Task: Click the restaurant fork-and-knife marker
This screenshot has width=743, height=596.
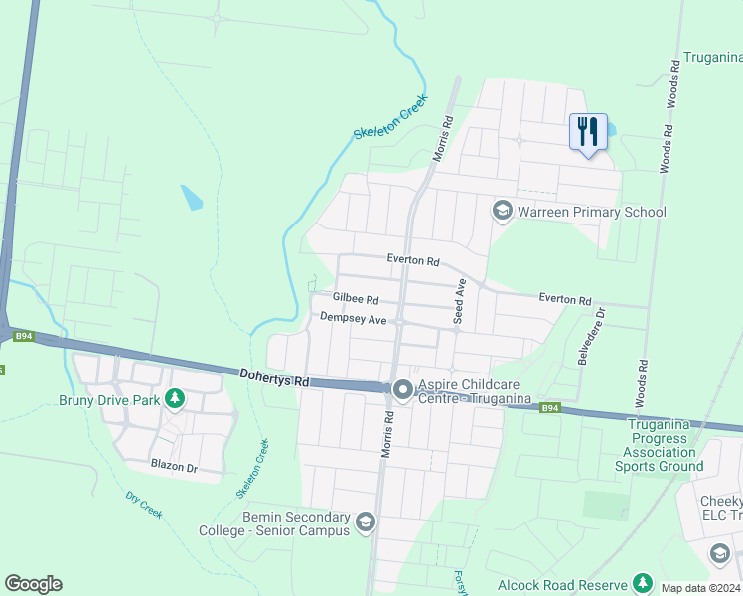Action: click(x=587, y=131)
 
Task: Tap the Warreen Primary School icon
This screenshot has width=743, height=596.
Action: click(x=502, y=211)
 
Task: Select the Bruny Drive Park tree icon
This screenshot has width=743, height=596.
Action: click(x=176, y=399)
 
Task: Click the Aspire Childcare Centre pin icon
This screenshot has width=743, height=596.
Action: click(x=402, y=389)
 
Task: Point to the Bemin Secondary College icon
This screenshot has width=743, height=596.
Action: click(x=366, y=521)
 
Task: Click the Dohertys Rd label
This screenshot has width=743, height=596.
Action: click(x=275, y=377)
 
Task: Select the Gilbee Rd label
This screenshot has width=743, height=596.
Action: click(x=356, y=298)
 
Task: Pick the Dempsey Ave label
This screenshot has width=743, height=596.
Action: click(x=353, y=318)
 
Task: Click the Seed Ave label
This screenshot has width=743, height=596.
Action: click(x=460, y=300)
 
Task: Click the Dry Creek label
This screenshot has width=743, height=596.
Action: click(x=144, y=504)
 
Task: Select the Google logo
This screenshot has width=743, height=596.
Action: click(x=33, y=584)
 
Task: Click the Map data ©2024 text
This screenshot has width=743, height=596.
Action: click(x=700, y=588)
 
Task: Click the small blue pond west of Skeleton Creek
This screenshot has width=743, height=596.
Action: click(x=191, y=197)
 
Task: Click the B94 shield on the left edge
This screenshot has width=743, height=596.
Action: click(x=24, y=337)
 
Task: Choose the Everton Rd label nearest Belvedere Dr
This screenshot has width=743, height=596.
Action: click(x=564, y=299)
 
